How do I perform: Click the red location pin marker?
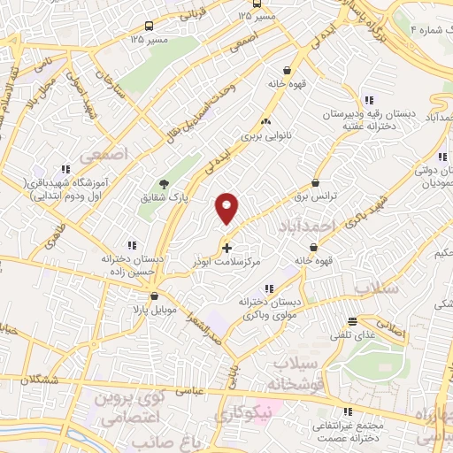tap(227, 207)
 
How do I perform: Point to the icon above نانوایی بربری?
tap(265, 121)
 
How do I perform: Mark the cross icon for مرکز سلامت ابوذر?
tap(227, 248)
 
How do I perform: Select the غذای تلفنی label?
tap(353, 334)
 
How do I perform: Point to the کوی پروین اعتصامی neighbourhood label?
tap(131, 408)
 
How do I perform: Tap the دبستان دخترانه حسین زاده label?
tap(132, 265)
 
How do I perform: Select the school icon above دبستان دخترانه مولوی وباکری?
tap(268, 288)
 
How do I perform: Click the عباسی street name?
tap(193, 389)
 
